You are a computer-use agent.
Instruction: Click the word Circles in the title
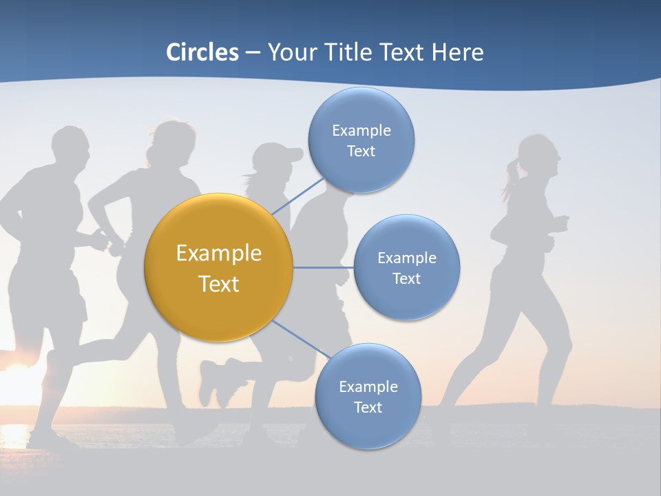pyautogui.click(x=202, y=52)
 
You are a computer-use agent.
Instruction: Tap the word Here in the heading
pyautogui.click(x=458, y=52)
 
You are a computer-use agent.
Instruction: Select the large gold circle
pyautogui.click(x=219, y=268)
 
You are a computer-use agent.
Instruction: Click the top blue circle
pyautogui.click(x=361, y=141)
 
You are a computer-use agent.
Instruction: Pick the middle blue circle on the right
pyautogui.click(x=406, y=268)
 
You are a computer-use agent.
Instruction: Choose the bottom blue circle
pyautogui.click(x=368, y=397)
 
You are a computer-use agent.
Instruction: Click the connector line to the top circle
pyautogui.click(x=297, y=196)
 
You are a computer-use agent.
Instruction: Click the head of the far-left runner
pyautogui.click(x=70, y=148)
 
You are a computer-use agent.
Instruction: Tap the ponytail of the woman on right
pyautogui.click(x=510, y=176)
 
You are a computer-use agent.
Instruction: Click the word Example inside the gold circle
pyautogui.click(x=219, y=254)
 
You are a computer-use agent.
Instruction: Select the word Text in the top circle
pyautogui.click(x=361, y=152)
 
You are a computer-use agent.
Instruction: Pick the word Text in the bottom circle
pyautogui.click(x=368, y=408)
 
